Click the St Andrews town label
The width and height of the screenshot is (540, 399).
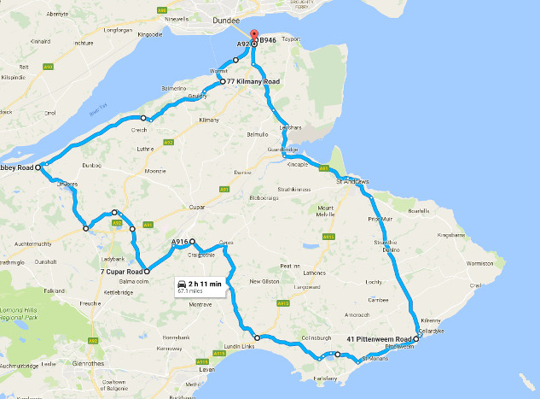[x=351, y=181]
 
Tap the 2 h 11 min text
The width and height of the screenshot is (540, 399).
[x=205, y=283]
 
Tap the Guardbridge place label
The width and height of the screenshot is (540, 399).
[x=282, y=150]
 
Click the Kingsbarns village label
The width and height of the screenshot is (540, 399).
[x=451, y=234]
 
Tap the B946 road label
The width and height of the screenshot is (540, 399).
[x=268, y=40]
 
